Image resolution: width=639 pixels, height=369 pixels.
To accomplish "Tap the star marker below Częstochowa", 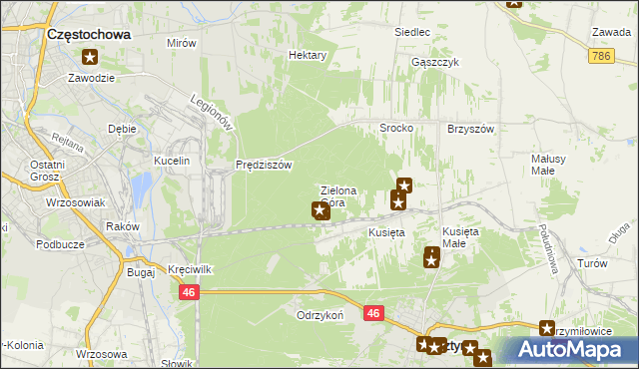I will (91, 58).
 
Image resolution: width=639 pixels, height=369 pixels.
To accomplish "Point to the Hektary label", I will (308, 56).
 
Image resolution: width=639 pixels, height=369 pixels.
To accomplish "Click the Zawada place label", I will (610, 32).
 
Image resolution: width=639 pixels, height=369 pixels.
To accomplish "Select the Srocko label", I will (396, 129).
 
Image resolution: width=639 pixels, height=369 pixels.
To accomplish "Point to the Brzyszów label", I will (473, 129).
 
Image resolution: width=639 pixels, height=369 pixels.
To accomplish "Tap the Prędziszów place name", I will (264, 166).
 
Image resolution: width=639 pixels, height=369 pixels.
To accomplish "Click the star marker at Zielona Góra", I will (320, 210).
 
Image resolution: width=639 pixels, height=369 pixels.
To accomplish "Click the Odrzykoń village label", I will (319, 314).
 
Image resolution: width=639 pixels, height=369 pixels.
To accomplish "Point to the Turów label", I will (592, 263).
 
